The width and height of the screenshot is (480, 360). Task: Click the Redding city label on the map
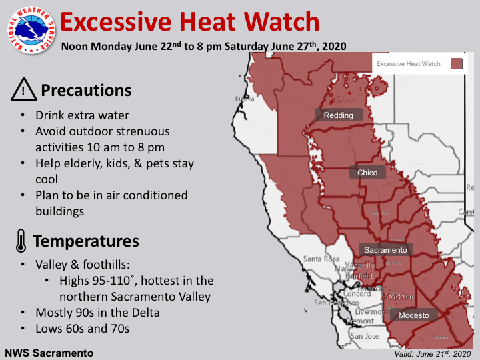click(x=339, y=115)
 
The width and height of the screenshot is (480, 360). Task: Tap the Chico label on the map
click(x=367, y=173)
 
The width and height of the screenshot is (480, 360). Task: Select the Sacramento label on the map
click(x=385, y=250)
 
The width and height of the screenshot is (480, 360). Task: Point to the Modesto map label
click(x=414, y=315)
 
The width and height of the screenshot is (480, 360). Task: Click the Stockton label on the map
click(x=399, y=296)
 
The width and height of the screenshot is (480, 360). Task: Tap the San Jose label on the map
click(x=365, y=337)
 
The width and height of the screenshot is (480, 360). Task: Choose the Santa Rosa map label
click(x=321, y=259)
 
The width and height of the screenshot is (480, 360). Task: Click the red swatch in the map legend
click(x=457, y=64)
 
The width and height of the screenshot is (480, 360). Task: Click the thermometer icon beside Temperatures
click(x=21, y=241)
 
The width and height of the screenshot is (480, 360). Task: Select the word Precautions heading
click(x=86, y=90)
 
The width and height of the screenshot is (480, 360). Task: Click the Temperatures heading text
click(x=86, y=241)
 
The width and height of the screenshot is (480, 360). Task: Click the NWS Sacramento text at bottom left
click(x=49, y=352)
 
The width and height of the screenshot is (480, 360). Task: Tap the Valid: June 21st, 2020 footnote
click(x=431, y=353)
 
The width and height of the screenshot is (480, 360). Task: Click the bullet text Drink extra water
click(x=82, y=115)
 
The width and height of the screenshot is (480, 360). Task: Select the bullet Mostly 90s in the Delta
click(x=97, y=312)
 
